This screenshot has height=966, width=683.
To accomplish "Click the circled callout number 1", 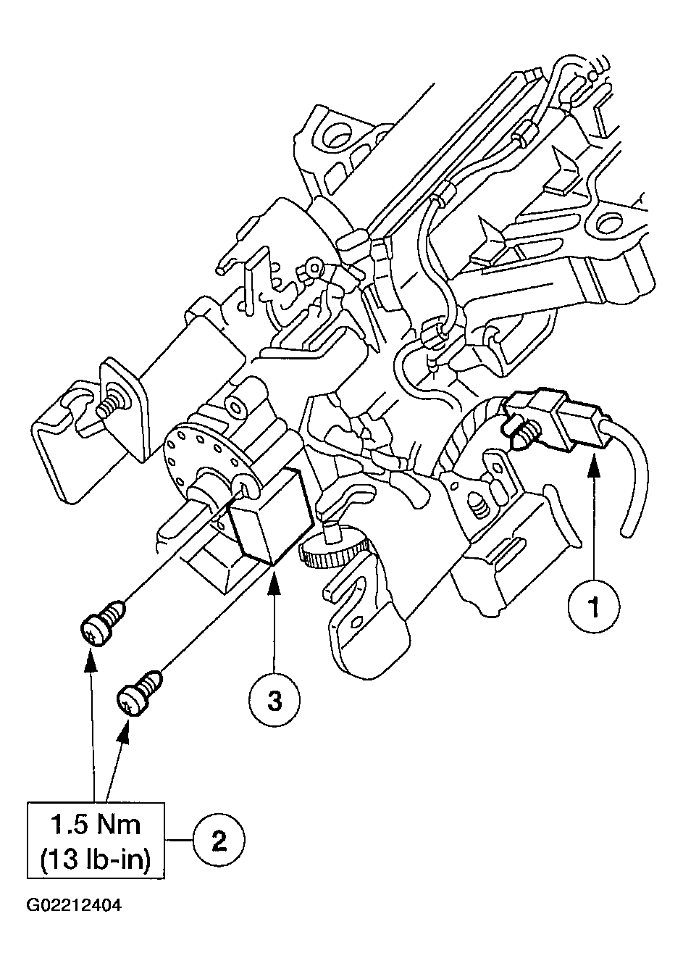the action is point(594,607).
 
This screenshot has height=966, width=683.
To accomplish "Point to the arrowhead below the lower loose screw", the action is point(125,730).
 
